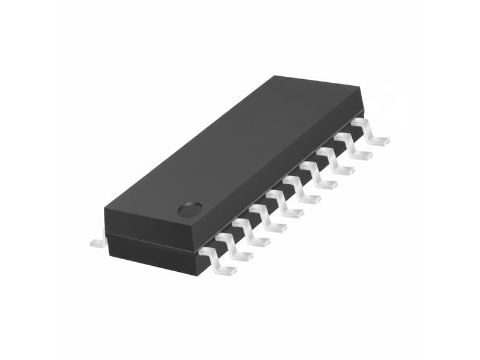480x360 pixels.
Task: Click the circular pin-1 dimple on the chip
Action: click(x=190, y=209)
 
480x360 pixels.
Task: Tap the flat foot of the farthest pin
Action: click(x=378, y=142)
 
